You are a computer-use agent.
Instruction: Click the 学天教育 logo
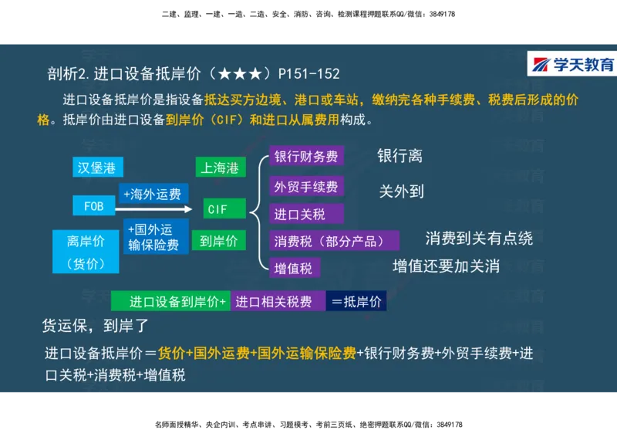tap(571, 64)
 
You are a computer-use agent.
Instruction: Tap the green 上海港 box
tap(221, 168)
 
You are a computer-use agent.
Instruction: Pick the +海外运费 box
tap(153, 194)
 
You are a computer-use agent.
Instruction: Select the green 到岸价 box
tap(219, 240)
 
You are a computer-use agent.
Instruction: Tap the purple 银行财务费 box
tap(306, 157)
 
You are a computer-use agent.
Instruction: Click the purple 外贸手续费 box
tap(306, 186)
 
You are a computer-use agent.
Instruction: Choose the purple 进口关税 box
tap(306, 214)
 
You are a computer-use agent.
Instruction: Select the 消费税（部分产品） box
tap(333, 241)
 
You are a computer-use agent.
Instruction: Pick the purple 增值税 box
tap(294, 268)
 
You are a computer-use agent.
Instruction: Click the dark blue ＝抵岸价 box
tap(356, 302)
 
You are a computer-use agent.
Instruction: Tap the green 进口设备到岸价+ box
tap(170, 302)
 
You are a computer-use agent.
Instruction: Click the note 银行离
tap(400, 156)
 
